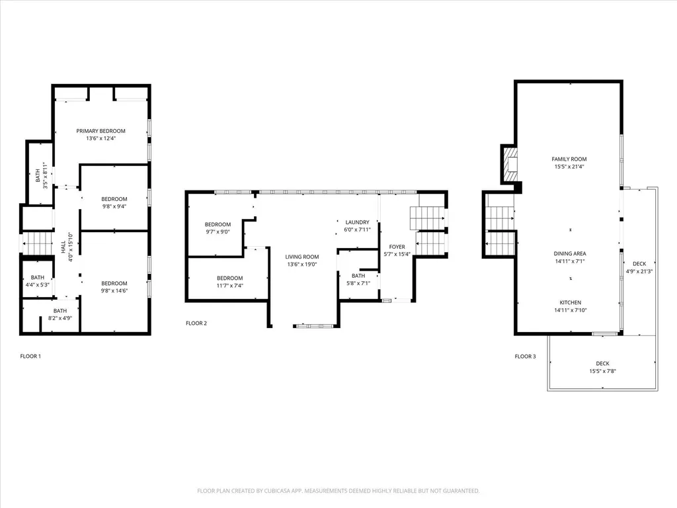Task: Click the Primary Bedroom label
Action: (100, 131)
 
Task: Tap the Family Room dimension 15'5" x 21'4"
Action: (569, 167)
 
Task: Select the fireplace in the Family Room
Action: (510, 165)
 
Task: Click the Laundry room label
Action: (357, 222)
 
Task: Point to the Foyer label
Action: (397, 247)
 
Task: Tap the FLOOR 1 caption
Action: (30, 357)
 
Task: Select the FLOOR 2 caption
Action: (196, 323)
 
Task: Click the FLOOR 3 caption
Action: (526, 357)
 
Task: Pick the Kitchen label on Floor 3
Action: (569, 302)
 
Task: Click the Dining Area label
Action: (569, 253)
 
